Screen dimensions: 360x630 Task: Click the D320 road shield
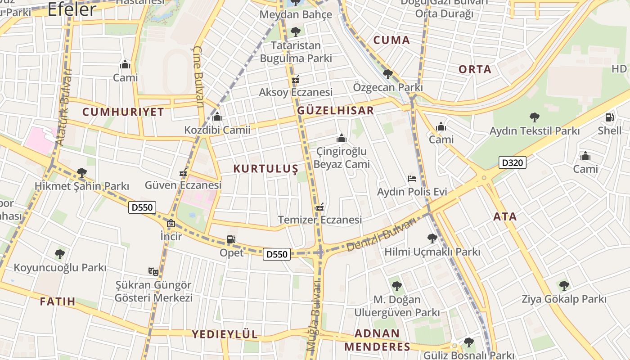(512, 162)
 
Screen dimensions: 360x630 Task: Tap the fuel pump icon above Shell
(609, 118)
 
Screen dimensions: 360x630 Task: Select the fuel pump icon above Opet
(231, 239)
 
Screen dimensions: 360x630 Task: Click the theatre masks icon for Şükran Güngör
(153, 271)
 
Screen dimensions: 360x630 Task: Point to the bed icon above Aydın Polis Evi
(412, 179)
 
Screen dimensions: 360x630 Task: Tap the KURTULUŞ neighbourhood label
(265, 169)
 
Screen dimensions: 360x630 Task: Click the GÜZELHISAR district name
(336, 111)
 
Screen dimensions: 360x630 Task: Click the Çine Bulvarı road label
(198, 76)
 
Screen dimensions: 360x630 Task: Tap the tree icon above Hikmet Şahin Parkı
(81, 172)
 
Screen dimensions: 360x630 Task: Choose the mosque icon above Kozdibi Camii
(217, 117)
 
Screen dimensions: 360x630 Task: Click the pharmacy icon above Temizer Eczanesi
(320, 207)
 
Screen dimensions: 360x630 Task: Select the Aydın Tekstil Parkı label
(535, 131)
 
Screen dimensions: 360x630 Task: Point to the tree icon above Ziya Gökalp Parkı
(564, 285)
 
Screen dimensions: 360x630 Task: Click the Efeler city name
(72, 9)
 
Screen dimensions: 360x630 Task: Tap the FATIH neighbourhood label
(58, 301)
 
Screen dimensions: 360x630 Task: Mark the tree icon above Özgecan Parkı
(387, 74)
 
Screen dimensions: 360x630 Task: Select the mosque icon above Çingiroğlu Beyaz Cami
(342, 138)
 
